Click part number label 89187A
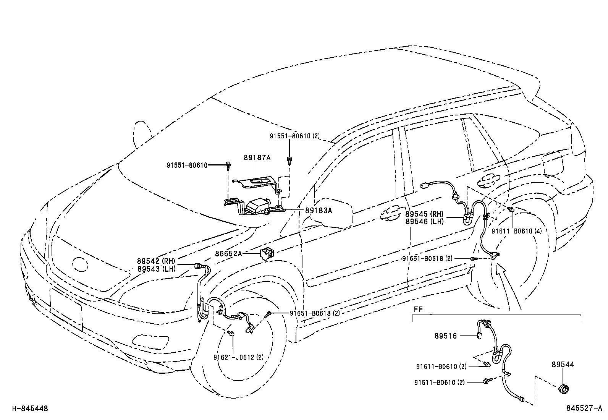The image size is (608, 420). pyautogui.click(x=257, y=157)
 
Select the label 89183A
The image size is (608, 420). pyautogui.click(x=319, y=210)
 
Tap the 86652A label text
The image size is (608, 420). pyautogui.click(x=228, y=253)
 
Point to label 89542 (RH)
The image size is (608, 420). pyautogui.click(x=156, y=261)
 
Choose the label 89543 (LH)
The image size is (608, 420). pyautogui.click(x=156, y=269)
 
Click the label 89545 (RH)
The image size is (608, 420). pyautogui.click(x=424, y=214)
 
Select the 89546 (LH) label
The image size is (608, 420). pyautogui.click(x=424, y=221)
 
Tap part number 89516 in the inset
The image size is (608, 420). pyautogui.click(x=445, y=336)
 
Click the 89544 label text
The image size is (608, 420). pyautogui.click(x=563, y=365)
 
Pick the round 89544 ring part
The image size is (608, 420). pyautogui.click(x=563, y=389)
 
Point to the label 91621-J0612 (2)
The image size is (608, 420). pyautogui.click(x=238, y=357)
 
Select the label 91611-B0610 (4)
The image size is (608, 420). pyautogui.click(x=516, y=231)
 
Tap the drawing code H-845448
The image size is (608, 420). pyautogui.click(x=30, y=409)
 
